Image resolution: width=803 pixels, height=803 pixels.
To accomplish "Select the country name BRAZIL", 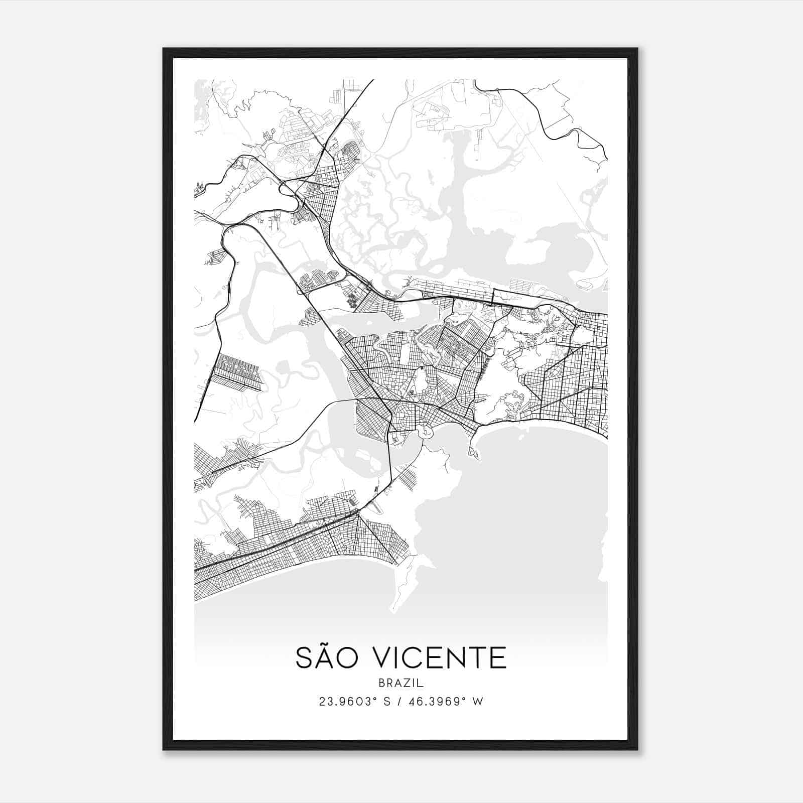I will pos(401,683).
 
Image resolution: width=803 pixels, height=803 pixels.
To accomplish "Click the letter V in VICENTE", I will pos(387,658).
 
